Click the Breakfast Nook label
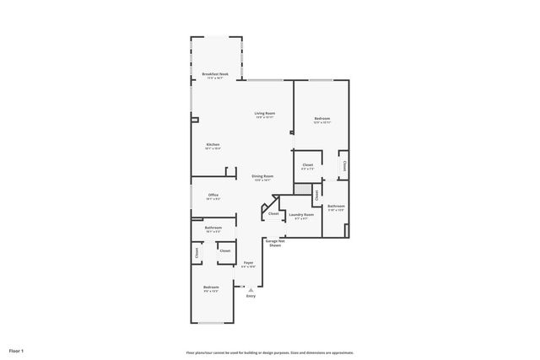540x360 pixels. (x=216, y=74)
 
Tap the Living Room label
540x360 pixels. (x=266, y=113)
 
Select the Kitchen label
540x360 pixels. (x=213, y=144)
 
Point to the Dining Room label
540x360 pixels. (x=262, y=176)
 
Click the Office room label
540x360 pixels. (x=213, y=195)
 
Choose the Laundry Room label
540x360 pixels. (x=301, y=214)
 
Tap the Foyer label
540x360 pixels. (x=249, y=263)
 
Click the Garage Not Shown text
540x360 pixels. (x=275, y=243)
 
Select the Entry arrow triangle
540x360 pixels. (x=250, y=289)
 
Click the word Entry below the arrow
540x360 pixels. (x=251, y=296)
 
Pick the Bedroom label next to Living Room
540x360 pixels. (x=322, y=118)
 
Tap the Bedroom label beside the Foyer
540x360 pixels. (x=211, y=288)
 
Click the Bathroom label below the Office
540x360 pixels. (x=213, y=228)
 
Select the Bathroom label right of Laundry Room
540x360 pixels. (x=337, y=206)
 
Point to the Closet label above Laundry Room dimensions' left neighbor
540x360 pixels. (x=273, y=213)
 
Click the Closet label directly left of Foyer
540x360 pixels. (x=225, y=250)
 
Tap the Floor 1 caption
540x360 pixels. (x=17, y=350)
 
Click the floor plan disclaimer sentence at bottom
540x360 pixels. (x=270, y=352)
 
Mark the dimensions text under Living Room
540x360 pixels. (x=266, y=117)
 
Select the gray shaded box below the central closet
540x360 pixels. (x=316, y=195)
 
